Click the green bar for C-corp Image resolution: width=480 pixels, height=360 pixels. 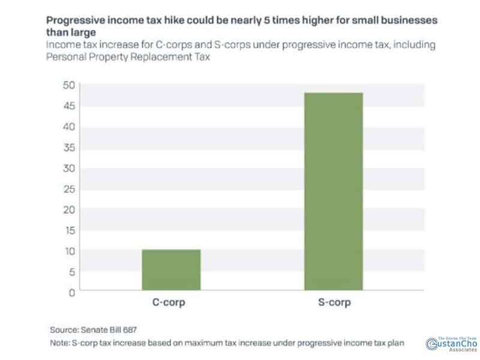pyautogui.click(x=170, y=270)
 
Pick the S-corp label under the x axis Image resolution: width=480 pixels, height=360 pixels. pyautogui.click(x=334, y=303)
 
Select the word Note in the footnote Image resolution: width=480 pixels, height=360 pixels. pyautogui.click(x=61, y=343)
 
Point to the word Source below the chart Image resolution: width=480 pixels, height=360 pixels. pyautogui.click(x=64, y=329)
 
